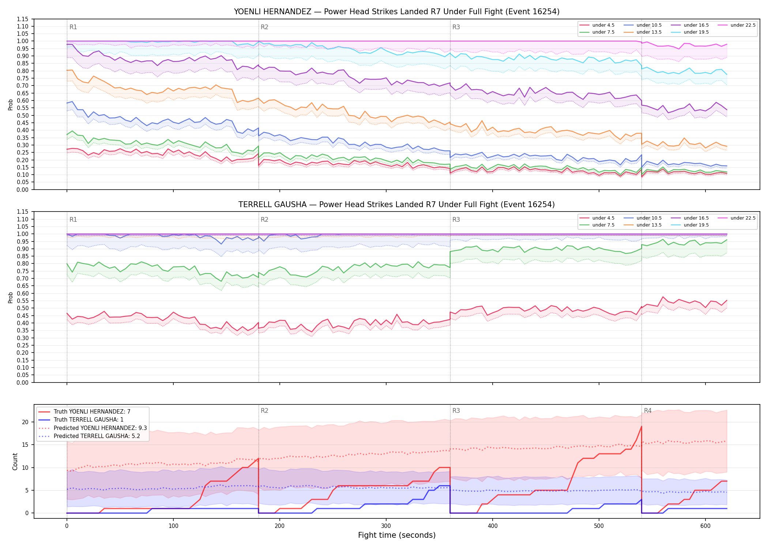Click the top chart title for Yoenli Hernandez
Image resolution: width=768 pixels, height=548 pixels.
tap(396, 12)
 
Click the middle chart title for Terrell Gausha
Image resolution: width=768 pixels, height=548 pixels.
tap(396, 205)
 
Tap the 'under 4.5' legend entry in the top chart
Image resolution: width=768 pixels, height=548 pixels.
tap(597, 25)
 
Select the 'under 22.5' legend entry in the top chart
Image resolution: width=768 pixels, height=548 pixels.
tap(736, 25)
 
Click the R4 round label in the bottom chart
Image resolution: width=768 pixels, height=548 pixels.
tap(648, 411)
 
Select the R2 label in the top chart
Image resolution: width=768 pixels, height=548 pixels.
tap(264, 27)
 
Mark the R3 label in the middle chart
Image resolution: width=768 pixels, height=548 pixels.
tap(456, 220)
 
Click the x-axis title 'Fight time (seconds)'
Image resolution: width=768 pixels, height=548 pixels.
tap(397, 535)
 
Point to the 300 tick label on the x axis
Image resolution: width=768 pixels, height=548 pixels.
tap(386, 526)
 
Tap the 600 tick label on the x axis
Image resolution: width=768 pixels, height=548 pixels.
tap(705, 526)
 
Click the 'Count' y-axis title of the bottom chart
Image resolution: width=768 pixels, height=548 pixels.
tap(15, 461)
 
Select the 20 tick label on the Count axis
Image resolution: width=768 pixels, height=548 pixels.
tap(25, 422)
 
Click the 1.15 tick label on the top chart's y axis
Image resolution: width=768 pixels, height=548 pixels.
tap(23, 19)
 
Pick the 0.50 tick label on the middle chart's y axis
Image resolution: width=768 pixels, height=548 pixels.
tap(23, 308)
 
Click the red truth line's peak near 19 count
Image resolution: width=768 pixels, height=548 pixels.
tap(641, 427)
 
